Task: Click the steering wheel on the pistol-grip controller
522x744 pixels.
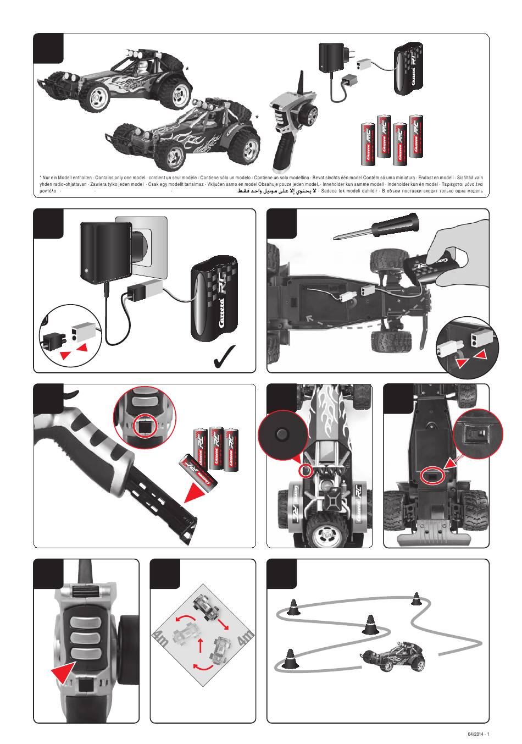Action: point(309,115)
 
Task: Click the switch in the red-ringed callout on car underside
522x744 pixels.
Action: point(476,433)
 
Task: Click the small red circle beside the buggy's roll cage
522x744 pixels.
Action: point(305,471)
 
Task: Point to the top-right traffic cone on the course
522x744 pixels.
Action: point(416,598)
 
